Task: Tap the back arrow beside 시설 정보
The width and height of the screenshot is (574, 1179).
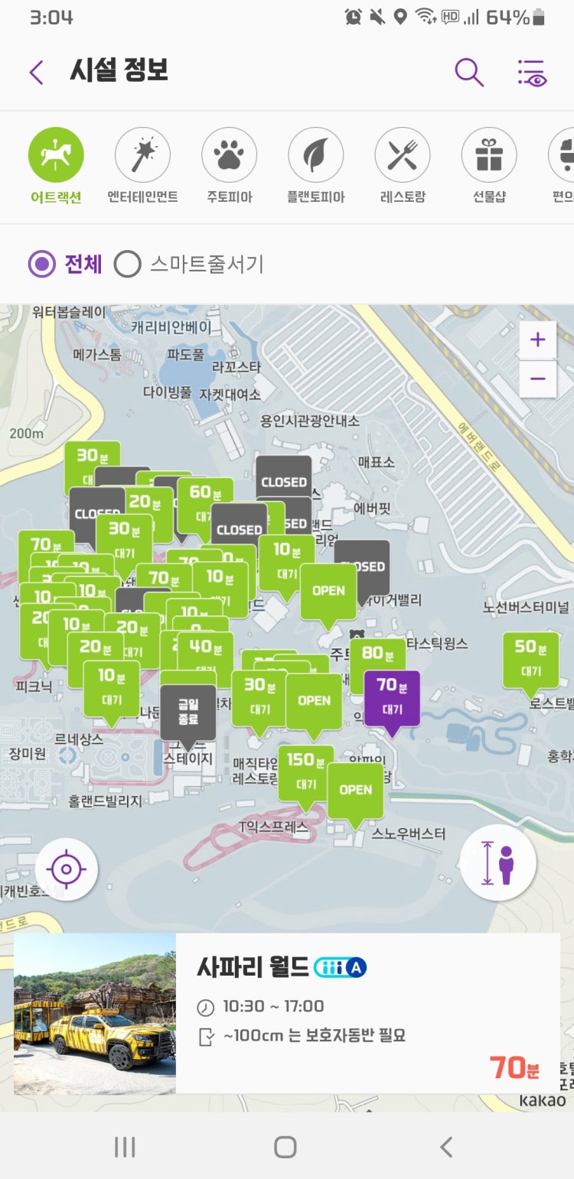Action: [36, 73]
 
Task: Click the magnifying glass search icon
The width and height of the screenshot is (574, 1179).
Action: [468, 73]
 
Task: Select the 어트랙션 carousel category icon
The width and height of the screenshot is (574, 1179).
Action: [56, 155]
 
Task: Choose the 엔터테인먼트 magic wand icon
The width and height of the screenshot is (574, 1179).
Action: [142, 155]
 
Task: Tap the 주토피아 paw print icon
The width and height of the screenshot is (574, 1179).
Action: [229, 155]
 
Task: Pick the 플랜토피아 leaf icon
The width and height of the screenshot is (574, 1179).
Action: [315, 155]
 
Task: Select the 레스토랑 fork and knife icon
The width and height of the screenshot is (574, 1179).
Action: [402, 155]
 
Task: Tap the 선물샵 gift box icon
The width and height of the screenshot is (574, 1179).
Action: [488, 155]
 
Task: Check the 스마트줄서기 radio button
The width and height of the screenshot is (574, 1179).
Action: [128, 265]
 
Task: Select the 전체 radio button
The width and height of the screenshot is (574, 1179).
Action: [41, 265]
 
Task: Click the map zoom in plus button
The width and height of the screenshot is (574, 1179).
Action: [537, 340]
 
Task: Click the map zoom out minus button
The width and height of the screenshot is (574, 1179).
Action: [537, 378]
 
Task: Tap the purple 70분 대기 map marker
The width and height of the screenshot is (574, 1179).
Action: [392, 697]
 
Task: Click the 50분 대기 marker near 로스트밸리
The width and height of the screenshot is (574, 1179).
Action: [530, 658]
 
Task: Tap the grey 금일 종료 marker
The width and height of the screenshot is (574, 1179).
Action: [188, 710]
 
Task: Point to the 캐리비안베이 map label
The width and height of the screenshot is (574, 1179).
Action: [171, 327]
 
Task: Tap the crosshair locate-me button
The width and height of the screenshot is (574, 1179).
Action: [67, 869]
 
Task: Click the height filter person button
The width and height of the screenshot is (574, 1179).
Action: [498, 862]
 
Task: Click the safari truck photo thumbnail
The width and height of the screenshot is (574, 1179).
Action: [95, 1013]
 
